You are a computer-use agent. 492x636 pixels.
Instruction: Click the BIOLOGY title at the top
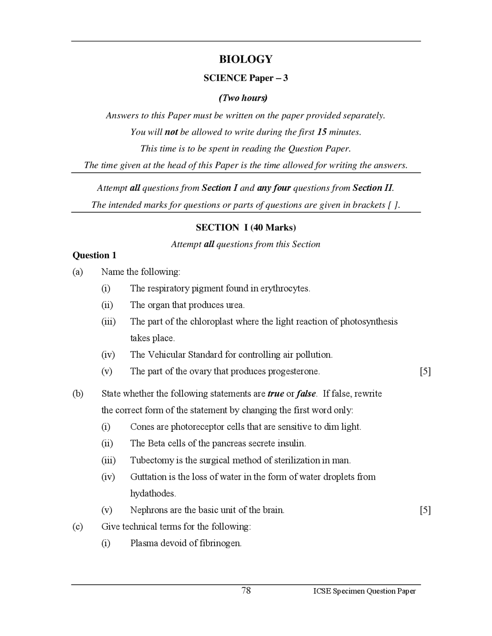(246, 59)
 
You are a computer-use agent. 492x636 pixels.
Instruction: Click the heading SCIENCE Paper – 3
(246, 78)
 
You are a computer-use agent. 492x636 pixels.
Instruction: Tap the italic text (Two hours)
(243, 98)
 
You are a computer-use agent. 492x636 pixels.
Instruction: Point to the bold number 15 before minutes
(322, 132)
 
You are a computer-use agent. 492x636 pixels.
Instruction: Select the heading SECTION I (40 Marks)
(246, 227)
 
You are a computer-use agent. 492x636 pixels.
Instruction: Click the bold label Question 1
(94, 255)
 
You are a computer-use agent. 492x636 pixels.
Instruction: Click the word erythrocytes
(285, 288)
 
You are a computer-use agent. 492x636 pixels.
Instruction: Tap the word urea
(235, 305)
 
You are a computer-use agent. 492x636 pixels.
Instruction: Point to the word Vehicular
(167, 354)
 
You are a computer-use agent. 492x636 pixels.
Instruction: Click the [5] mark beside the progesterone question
(425, 371)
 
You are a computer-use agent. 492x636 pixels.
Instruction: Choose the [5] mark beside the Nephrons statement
(425, 510)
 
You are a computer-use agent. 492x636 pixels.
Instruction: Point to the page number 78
(246, 590)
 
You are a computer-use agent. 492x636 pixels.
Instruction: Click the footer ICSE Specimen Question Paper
(364, 591)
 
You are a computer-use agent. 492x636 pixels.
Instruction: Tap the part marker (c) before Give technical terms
(78, 527)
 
